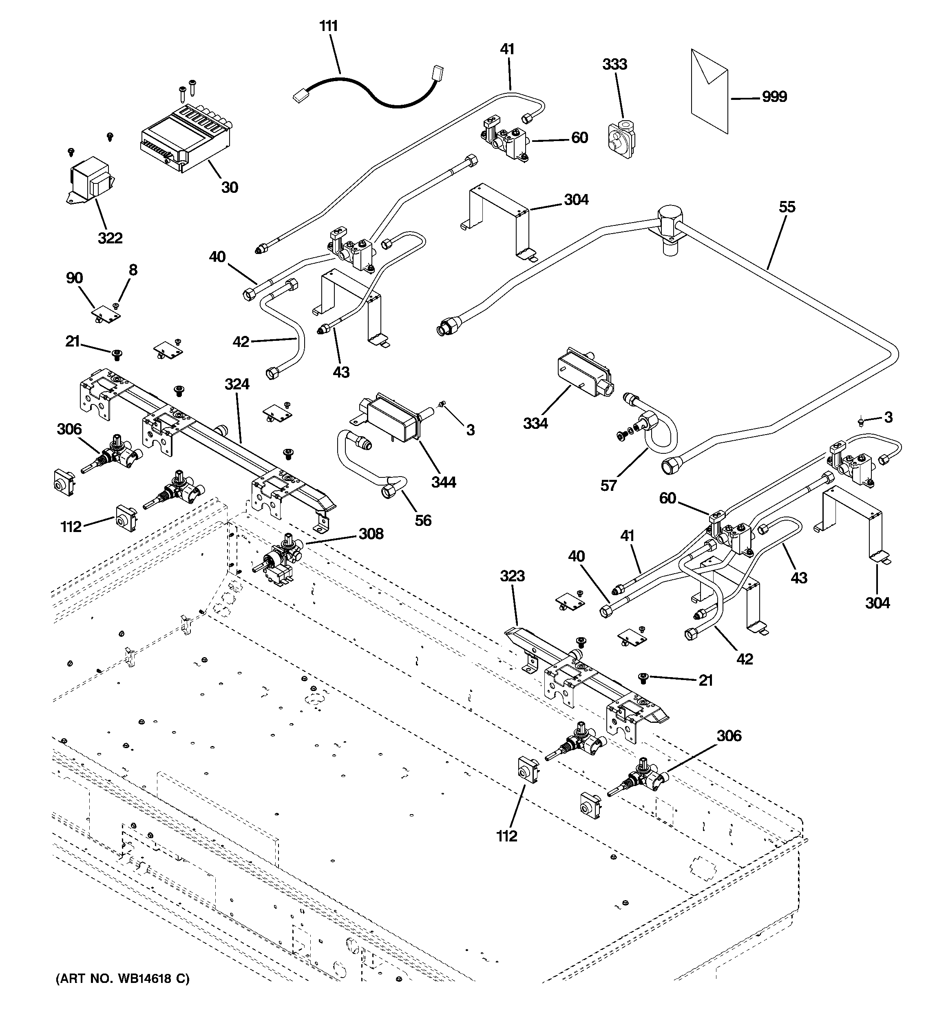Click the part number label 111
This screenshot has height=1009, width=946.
pyautogui.click(x=329, y=26)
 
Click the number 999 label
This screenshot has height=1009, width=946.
pyautogui.click(x=774, y=97)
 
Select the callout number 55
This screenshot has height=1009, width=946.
pyautogui.click(x=787, y=207)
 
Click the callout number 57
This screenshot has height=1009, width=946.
pyautogui.click(x=608, y=486)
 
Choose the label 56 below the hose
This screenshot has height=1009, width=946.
pyautogui.click(x=423, y=520)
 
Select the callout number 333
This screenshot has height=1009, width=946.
pyautogui.click(x=614, y=64)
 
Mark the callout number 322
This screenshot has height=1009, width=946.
pyautogui.click(x=110, y=238)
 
